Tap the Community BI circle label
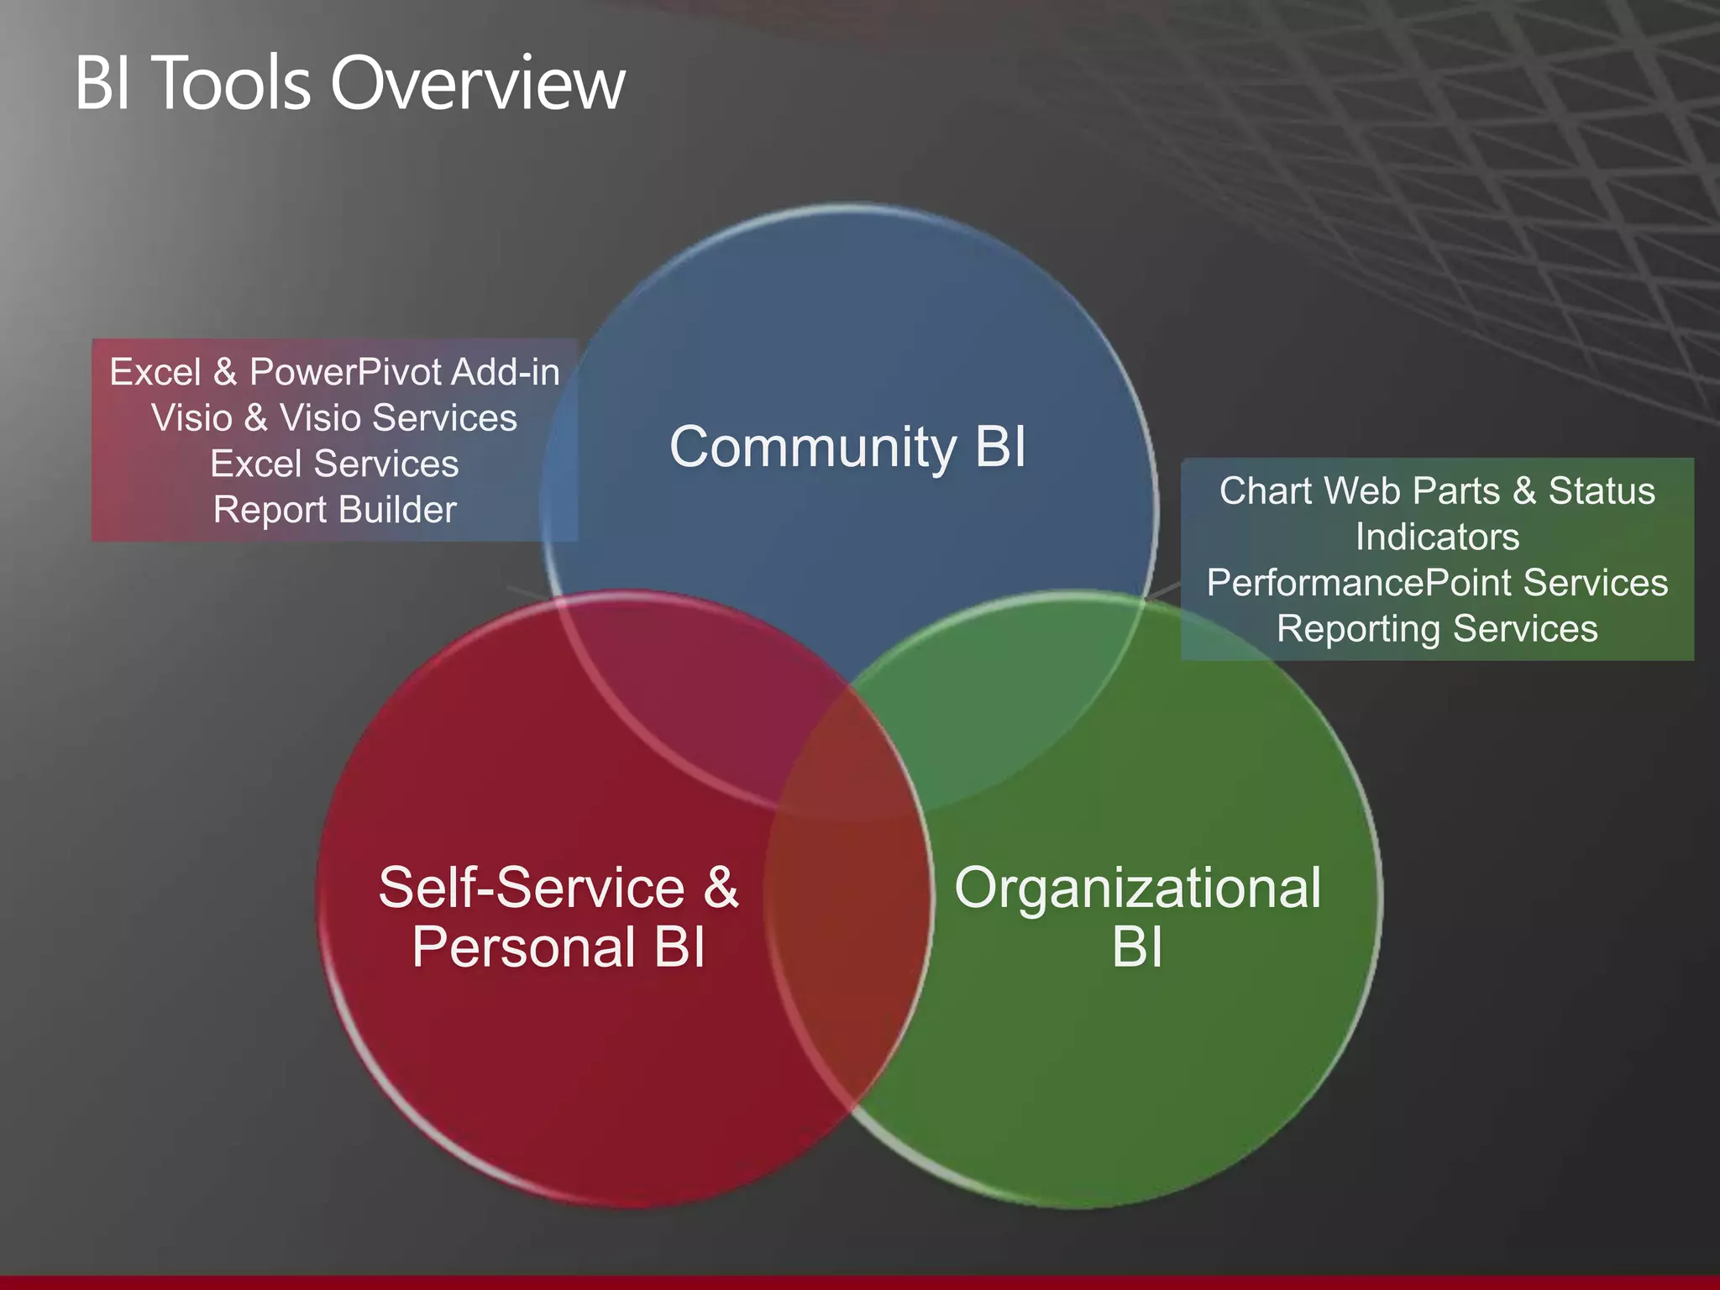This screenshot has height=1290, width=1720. tap(847, 446)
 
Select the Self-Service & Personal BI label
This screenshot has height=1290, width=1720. tap(558, 917)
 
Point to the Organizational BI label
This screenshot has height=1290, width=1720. tap(1137, 917)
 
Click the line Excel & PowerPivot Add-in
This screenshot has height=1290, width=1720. tap(334, 372)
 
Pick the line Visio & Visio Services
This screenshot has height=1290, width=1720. tap(334, 417)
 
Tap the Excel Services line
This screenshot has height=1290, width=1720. tap(334, 464)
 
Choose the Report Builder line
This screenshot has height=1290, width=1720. tap(334, 510)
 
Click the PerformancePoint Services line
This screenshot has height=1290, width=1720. tap(1437, 583)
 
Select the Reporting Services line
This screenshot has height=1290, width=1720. tap(1437, 628)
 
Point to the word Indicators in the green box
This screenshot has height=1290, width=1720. tap(1437, 537)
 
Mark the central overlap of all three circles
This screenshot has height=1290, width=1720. tap(848, 756)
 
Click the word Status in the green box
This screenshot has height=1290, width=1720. tap(1601, 491)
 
